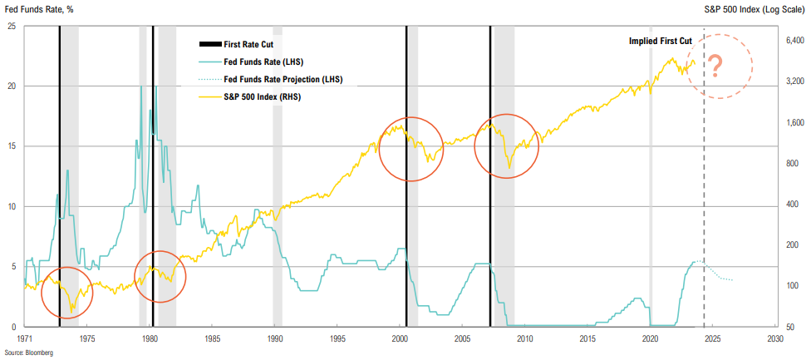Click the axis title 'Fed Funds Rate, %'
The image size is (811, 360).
tap(41, 9)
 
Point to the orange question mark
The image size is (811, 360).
tap(714, 67)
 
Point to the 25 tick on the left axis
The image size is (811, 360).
tap(12, 26)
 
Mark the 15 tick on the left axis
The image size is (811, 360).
tap(12, 146)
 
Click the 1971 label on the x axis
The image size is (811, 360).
tap(25, 339)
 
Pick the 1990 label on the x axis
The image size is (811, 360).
tap(275, 339)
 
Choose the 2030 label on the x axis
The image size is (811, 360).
tap(775, 339)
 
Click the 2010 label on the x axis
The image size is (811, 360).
tap(525, 339)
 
